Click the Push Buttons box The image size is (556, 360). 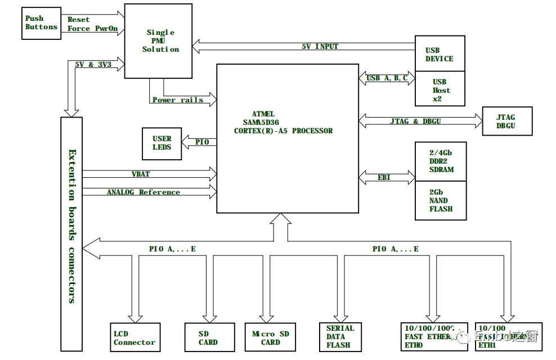coord(42,23)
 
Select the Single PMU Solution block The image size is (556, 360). coord(158,41)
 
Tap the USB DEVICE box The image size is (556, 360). coord(440,54)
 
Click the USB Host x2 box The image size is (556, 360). coord(440,89)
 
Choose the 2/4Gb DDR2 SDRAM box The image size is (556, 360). coord(441,161)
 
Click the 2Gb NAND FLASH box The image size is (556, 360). coord(441,200)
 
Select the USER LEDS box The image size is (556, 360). coord(162,143)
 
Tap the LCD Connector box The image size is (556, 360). coord(135,338)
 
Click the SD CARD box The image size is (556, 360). coord(208,338)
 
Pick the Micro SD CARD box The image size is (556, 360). coord(270,338)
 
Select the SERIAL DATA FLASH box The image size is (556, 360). coord(340,336)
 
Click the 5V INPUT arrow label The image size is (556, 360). coord(320,46)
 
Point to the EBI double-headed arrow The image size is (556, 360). coord(387,178)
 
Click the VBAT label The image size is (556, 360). coord(141,174)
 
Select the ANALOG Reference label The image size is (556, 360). coord(144,192)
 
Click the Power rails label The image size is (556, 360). coord(178,100)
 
